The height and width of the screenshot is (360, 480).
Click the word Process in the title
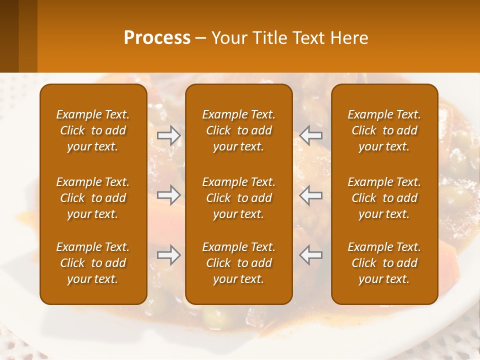click(157, 38)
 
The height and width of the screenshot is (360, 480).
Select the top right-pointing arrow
click(168, 135)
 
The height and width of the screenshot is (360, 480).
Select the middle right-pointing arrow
click(168, 194)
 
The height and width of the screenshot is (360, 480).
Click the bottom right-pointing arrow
click(168, 255)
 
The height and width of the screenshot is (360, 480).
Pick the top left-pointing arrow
click(311, 135)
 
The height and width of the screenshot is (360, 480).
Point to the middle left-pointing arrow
click(311, 194)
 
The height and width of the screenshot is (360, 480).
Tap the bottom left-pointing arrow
click(311, 255)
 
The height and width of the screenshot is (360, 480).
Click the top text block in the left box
click(93, 130)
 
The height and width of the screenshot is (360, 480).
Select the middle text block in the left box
click(93, 198)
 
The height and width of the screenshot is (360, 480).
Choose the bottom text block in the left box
click(93, 263)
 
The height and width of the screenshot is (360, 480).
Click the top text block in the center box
click(238, 130)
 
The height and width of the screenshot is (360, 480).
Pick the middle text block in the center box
click(238, 198)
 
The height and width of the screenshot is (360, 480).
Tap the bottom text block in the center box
click(238, 263)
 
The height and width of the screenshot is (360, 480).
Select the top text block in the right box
click(384, 130)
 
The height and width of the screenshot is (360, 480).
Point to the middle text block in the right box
click(384, 198)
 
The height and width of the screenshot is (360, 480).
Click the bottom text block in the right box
click(384, 263)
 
